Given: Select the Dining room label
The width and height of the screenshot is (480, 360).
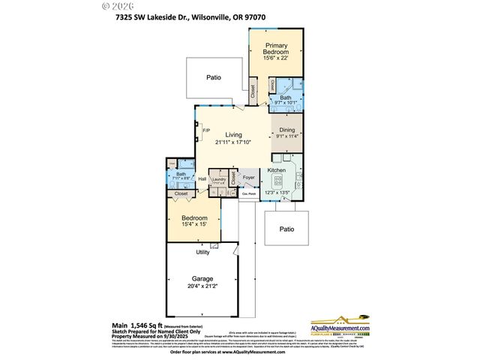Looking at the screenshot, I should (x=286, y=129).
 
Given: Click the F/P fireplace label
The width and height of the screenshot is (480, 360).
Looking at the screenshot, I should (x=206, y=132).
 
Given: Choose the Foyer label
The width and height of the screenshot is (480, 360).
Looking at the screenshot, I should (x=249, y=178).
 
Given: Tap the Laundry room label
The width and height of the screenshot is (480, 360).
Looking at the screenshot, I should (x=220, y=179).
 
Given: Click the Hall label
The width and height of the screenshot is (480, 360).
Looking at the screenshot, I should (x=202, y=179).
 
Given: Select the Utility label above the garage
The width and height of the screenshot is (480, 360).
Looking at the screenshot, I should (x=202, y=252).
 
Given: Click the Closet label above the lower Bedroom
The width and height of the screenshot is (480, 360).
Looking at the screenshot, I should (x=181, y=193).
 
